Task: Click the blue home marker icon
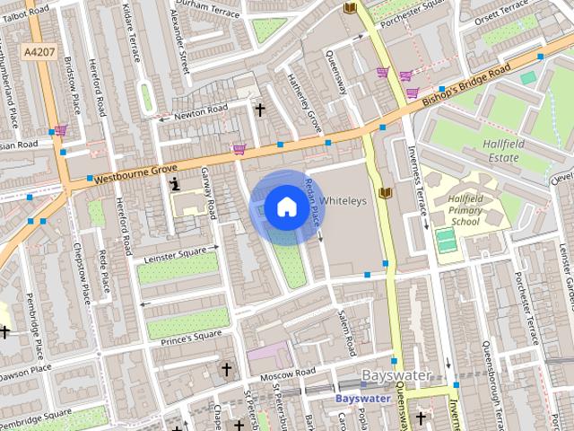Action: coord(285,207)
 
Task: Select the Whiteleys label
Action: coord(344,201)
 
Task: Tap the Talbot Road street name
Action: coord(25,6)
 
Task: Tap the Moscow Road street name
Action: coord(289,373)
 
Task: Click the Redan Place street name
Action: coord(313,201)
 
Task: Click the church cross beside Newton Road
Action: coord(260,110)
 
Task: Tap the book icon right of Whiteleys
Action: coord(386,193)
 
